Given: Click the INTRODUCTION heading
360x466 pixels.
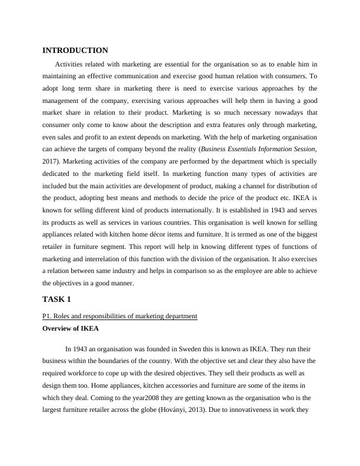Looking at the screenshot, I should coord(75,51).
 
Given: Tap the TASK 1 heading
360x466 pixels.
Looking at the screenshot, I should coord(57,299).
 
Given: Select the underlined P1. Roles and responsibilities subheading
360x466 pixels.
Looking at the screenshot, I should coord(119,316).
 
